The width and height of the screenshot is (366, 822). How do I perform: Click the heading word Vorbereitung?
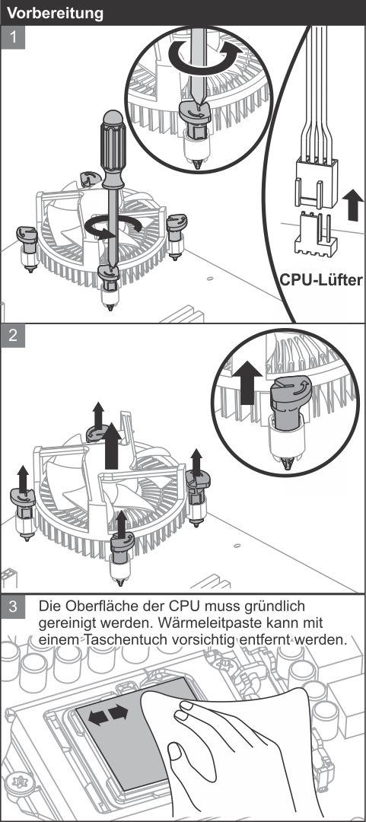(55, 13)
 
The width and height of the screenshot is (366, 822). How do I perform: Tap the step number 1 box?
(13, 37)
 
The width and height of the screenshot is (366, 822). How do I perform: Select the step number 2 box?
(13, 336)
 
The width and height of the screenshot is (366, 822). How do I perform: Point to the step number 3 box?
(13, 607)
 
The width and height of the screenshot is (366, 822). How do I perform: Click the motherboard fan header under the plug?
(315, 234)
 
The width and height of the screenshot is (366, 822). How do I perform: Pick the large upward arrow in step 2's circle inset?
(247, 383)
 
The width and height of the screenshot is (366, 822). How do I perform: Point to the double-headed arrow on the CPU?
(108, 715)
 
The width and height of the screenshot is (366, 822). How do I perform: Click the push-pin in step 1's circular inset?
(195, 134)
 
